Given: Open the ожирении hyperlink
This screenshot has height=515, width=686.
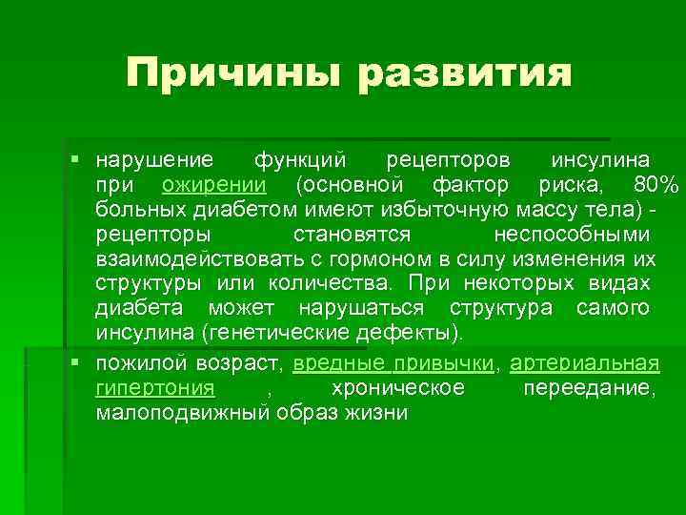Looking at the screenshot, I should (x=214, y=183).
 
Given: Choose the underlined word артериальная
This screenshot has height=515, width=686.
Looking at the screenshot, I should (x=585, y=363).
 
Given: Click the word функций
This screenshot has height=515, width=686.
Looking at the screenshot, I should (x=298, y=157).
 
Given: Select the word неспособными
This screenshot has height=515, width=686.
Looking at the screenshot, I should (x=574, y=234).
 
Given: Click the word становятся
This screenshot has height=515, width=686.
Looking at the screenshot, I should (x=352, y=234).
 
